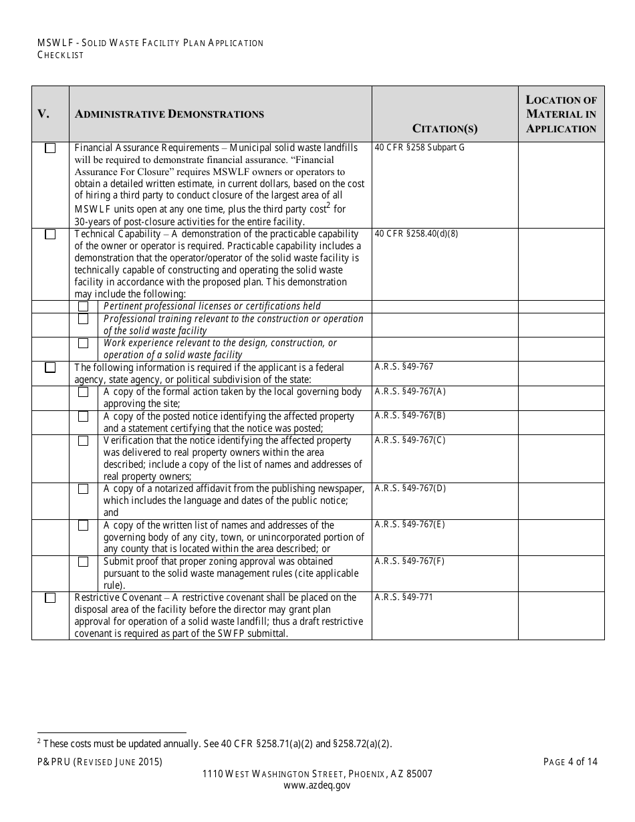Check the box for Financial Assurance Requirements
[x=50, y=148]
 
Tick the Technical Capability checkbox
[x=50, y=235]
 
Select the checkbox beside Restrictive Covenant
[x=50, y=598]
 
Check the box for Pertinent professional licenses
[x=84, y=306]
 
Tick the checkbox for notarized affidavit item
[x=84, y=489]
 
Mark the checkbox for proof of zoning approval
[x=84, y=562]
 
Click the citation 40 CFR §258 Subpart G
[x=419, y=148]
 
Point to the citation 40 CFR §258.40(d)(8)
[x=416, y=234]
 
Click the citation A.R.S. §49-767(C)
[x=410, y=440]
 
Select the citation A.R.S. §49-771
[x=404, y=597]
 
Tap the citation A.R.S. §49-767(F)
[x=410, y=561]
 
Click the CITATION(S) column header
[x=445, y=128]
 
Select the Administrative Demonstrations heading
[x=169, y=114]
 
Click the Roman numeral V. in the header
[x=43, y=114]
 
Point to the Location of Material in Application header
[x=561, y=114]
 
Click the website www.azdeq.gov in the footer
[x=317, y=786]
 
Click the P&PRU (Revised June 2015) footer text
[x=100, y=762]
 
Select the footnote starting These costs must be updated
[x=215, y=743]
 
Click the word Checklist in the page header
[x=60, y=55]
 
